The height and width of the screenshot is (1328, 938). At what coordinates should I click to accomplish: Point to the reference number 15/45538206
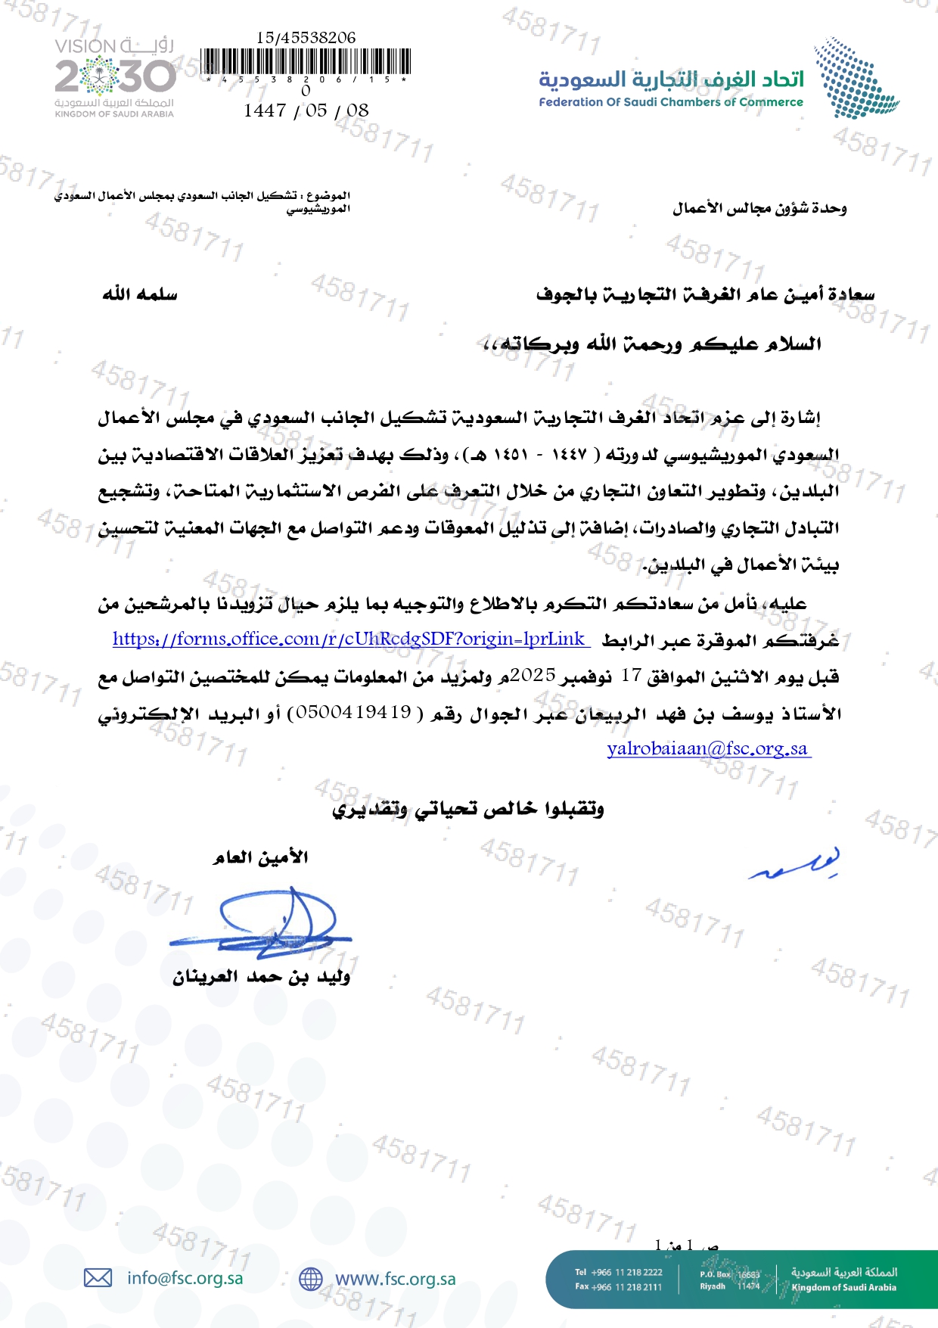pos(306,37)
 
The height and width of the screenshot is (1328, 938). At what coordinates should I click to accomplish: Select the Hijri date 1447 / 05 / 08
pos(306,110)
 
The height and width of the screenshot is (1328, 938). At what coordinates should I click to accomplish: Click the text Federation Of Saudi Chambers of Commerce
pos(671,102)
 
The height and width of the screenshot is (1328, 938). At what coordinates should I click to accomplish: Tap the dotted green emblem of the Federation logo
pos(855,79)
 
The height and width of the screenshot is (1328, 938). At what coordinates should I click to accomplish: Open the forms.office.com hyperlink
pos(349,639)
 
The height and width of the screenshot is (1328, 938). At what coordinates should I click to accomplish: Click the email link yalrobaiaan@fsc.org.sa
pos(708,749)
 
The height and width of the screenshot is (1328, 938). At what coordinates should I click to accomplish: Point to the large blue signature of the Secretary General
pos(265,923)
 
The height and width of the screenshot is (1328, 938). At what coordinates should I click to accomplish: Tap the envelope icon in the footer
pos(98,1278)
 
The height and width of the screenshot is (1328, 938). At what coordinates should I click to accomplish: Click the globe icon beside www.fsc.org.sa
pos(311,1279)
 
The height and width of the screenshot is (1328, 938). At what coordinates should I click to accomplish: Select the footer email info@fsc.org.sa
pos(185,1278)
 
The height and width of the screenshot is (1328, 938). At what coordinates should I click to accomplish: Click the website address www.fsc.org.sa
pos(396,1279)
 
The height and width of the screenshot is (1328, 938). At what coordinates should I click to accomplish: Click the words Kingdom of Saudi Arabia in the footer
pos(843,1287)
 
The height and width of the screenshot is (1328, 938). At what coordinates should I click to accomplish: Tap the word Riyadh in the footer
pos(713,1286)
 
